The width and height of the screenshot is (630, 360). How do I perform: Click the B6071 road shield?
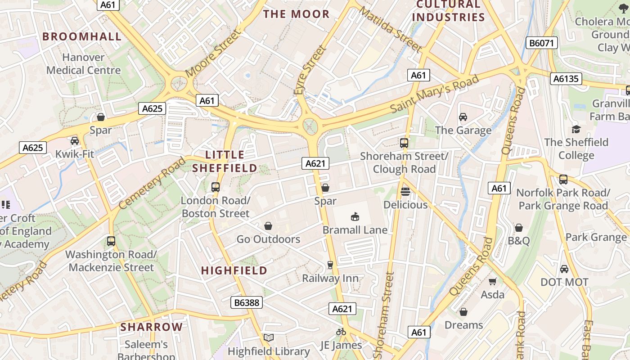tap(542, 43)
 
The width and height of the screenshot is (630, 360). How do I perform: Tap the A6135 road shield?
tap(566, 79)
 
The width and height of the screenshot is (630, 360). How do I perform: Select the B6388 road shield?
tap(247, 302)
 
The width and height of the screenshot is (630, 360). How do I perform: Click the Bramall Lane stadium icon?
tap(355, 217)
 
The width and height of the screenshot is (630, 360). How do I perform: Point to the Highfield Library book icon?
tap(269, 337)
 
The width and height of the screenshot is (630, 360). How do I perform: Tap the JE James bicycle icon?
tap(341, 332)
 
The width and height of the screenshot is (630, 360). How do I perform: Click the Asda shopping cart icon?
tap(493, 281)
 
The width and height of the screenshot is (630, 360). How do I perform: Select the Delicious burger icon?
tap(405, 191)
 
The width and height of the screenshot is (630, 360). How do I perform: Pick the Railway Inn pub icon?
tap(330, 265)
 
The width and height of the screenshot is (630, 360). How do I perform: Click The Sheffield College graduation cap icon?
tap(576, 129)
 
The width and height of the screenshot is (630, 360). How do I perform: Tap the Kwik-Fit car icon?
tap(75, 141)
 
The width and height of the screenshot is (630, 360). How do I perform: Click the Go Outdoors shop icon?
tap(268, 225)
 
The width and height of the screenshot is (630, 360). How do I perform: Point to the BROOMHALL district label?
tap(82, 37)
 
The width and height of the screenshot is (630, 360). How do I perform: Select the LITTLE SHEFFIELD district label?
tap(225, 162)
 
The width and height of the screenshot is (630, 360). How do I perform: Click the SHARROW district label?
tap(152, 327)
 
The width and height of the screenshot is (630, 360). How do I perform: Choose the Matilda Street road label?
tap(390, 30)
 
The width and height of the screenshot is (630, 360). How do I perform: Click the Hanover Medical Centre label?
tap(84, 64)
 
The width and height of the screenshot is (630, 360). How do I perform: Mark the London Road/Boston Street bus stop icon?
tap(216, 187)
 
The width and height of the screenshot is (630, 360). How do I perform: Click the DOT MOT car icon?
tap(564, 269)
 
